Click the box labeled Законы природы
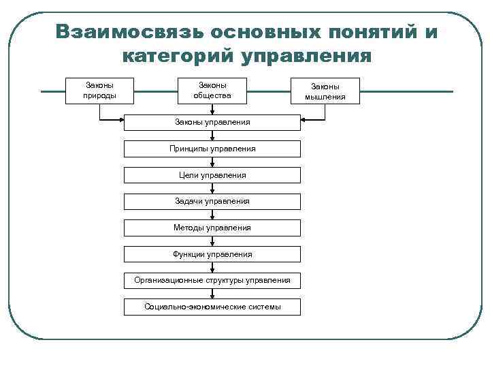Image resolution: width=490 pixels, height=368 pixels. (99, 91)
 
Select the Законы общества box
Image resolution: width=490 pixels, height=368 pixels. (212, 91)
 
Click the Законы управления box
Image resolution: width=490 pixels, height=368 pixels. (212, 122)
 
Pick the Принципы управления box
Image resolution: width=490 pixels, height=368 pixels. (212, 149)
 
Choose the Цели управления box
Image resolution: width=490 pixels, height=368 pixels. (212, 175)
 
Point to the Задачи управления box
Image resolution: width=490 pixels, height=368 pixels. (212, 201)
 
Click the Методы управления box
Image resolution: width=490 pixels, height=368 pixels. (212, 228)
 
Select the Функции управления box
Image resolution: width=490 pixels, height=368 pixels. (212, 254)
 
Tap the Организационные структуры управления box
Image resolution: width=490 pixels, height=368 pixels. (212, 280)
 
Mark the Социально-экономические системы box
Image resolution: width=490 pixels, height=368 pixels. (212, 307)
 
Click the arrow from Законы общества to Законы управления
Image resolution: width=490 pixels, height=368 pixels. (212, 109)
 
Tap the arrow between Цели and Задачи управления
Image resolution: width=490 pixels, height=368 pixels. (212, 188)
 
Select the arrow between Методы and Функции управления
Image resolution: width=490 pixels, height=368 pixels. (212, 241)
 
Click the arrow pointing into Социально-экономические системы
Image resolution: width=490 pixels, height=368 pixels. (212, 294)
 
